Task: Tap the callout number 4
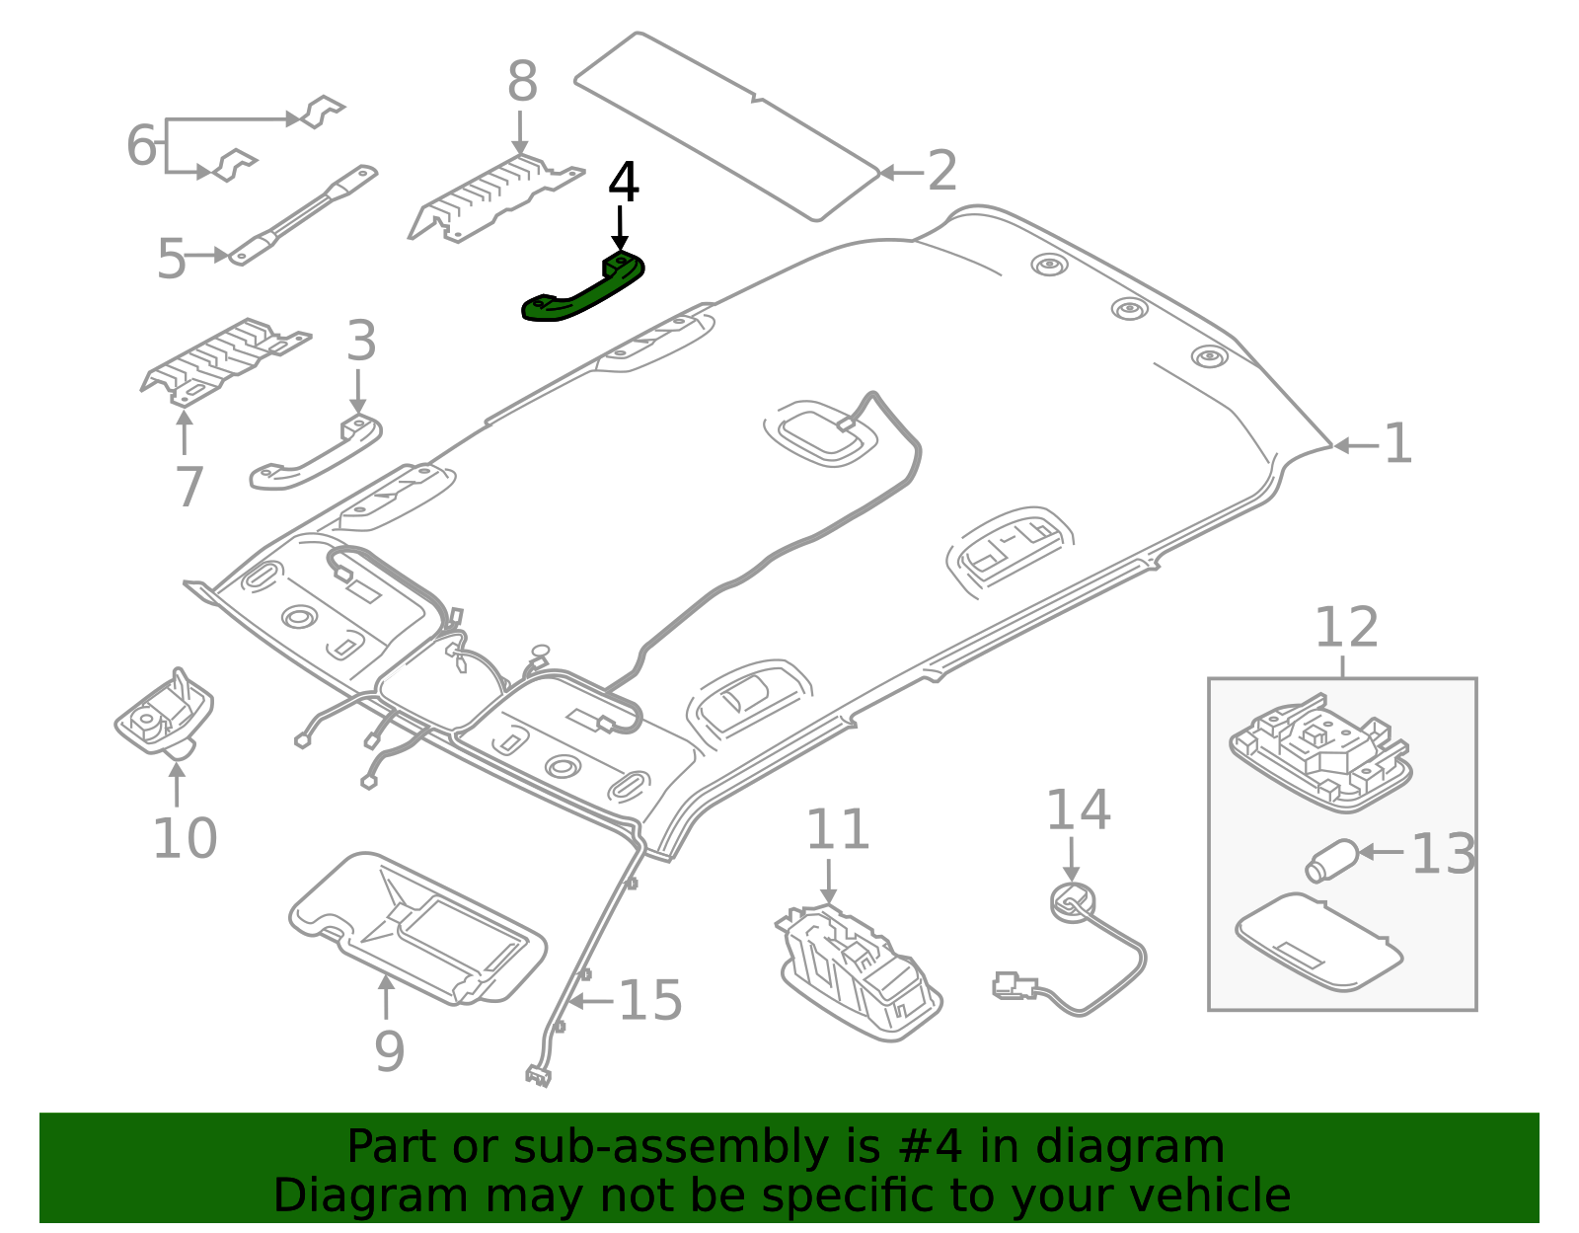pyautogui.click(x=623, y=184)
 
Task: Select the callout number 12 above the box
pyautogui.click(x=1346, y=628)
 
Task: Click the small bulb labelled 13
pyautogui.click(x=1331, y=860)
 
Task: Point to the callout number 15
pyautogui.click(x=649, y=1000)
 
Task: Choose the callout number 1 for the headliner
pyautogui.click(x=1397, y=444)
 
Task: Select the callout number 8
pyautogui.click(x=522, y=82)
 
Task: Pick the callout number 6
pyautogui.click(x=141, y=146)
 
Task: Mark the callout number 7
pyautogui.click(x=188, y=487)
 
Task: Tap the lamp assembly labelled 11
pyautogui.click(x=859, y=972)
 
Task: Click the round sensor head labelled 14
pyautogui.click(x=1071, y=901)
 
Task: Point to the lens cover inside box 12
pyautogui.click(x=1318, y=941)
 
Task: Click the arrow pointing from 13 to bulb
pyautogui.click(x=1382, y=851)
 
